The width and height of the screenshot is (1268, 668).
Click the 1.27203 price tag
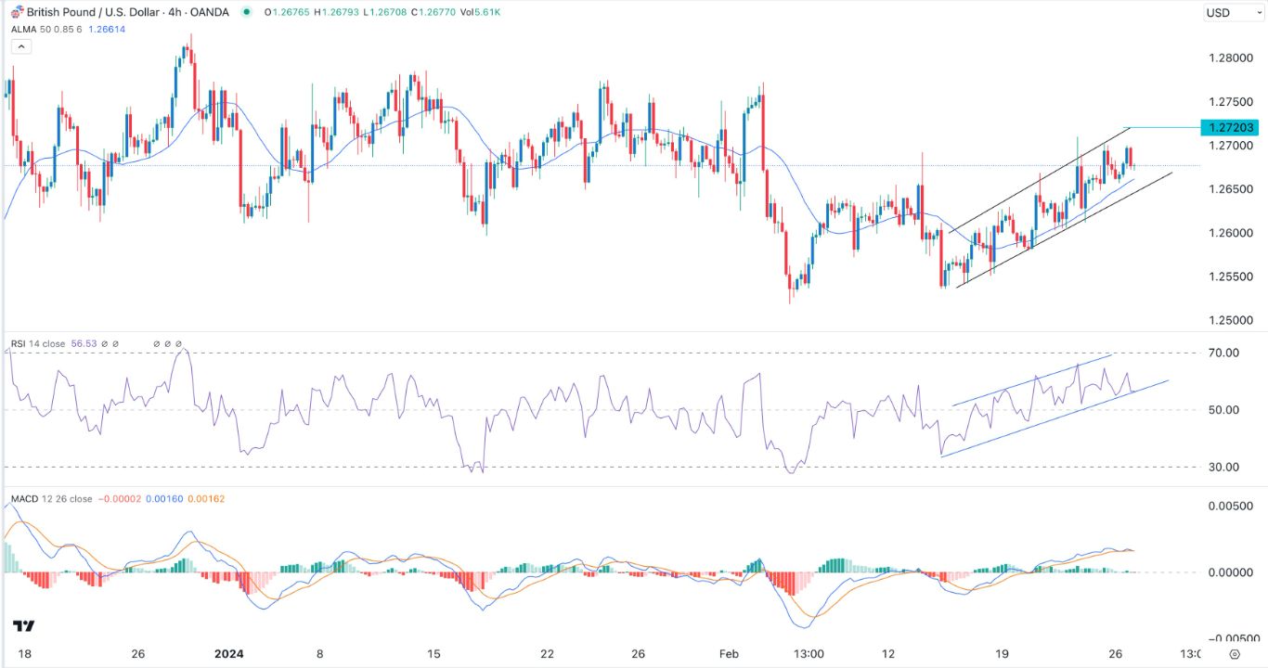(x=1230, y=127)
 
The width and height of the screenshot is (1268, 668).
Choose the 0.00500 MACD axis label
(x=1224, y=506)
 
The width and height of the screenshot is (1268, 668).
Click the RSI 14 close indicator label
(x=38, y=344)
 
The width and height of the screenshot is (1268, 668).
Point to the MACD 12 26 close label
(x=51, y=499)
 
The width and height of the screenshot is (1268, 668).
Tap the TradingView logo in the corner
(x=24, y=626)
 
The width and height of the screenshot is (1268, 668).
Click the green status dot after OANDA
(x=245, y=12)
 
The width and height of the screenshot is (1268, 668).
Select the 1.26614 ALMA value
(x=107, y=30)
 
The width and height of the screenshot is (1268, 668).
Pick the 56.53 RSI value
(x=83, y=344)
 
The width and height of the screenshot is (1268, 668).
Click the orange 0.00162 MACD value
(x=206, y=499)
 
